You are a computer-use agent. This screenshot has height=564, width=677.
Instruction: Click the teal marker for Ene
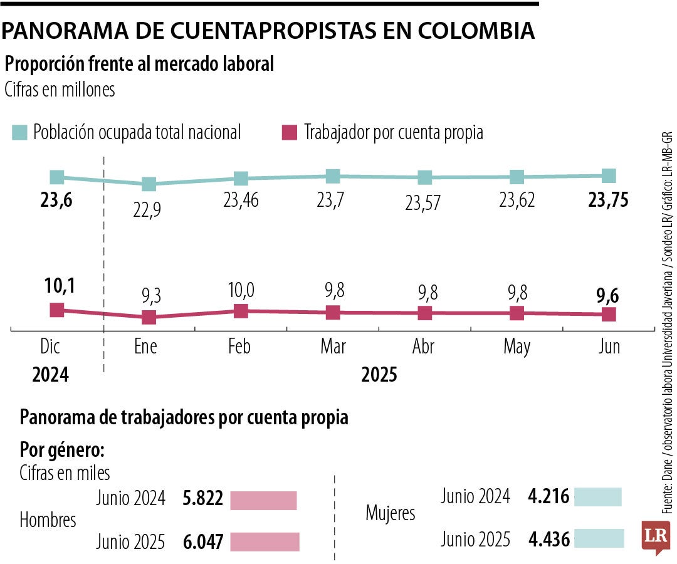149,184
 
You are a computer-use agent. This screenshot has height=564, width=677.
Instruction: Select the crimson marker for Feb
241,311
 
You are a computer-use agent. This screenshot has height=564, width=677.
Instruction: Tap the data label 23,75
608,201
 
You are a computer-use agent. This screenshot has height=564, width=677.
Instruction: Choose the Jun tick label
608,347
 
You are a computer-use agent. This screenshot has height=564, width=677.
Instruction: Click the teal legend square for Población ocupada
20,132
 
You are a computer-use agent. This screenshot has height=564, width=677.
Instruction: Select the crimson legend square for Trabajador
289,132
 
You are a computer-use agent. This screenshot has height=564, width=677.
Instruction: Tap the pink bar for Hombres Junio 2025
265,542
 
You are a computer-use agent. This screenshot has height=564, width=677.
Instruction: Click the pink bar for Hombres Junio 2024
263,501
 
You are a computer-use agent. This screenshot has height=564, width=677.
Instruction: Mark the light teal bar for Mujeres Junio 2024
597,497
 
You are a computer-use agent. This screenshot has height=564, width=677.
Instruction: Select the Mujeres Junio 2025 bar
599,538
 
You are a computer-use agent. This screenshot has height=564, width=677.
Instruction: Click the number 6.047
202,542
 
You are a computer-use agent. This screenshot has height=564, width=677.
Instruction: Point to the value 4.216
548,498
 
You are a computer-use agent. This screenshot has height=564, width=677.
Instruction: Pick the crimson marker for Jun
608,315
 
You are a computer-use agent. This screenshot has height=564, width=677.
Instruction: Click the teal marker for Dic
57,177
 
